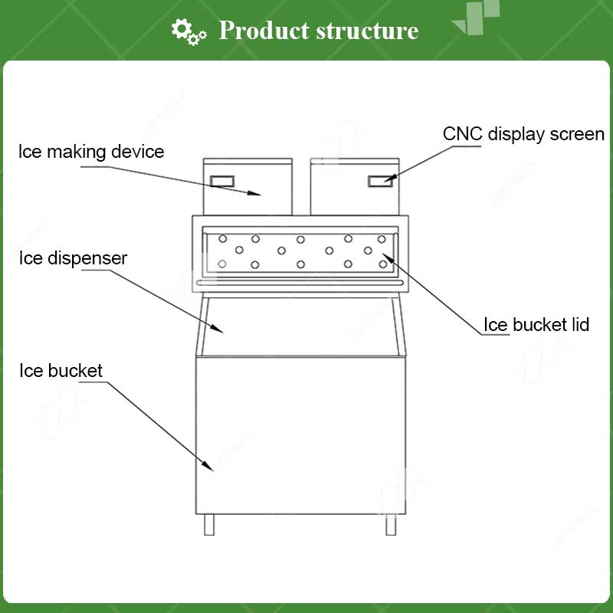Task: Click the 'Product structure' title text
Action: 318,31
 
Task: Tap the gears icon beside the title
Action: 188,31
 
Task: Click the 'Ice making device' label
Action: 91,151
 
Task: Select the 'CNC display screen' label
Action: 523,134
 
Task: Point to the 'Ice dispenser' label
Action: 73,258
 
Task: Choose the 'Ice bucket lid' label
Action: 536,325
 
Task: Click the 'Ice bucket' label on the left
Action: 61,372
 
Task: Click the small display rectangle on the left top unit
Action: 223,181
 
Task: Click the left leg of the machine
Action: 210,524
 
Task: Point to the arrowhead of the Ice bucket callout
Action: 209,467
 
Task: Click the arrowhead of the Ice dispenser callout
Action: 220,329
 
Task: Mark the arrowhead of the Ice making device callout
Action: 258,193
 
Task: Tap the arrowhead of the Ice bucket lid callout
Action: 386,256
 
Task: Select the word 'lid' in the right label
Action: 579,325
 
